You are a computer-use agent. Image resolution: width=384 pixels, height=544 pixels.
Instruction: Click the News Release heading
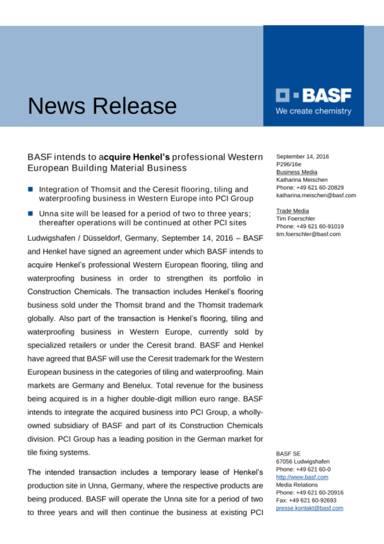(x=102, y=106)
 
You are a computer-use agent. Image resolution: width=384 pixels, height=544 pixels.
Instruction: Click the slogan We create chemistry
(x=313, y=111)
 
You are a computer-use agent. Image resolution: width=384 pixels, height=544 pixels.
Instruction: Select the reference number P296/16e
(x=289, y=164)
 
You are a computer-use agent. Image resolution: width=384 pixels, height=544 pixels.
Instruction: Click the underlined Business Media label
(x=297, y=172)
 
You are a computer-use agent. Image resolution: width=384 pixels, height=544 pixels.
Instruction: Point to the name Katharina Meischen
(x=302, y=180)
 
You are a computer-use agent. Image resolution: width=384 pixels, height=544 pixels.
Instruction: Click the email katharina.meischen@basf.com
(x=316, y=195)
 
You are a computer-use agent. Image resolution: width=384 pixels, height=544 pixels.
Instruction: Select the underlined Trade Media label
(x=292, y=211)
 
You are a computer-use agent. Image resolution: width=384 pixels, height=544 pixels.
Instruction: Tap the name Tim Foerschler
(x=295, y=218)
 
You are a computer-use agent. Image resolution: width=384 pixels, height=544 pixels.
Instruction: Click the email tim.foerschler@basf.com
(x=308, y=234)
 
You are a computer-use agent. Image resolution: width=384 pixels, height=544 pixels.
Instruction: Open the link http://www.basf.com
(x=302, y=477)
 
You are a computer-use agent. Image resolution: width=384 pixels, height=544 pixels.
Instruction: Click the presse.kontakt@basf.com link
(x=310, y=508)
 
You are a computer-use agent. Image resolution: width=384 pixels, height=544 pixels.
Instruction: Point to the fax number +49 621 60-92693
(x=312, y=500)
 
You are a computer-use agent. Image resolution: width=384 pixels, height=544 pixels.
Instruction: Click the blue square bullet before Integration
(x=30, y=189)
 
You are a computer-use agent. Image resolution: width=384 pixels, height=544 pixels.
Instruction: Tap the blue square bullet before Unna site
(x=30, y=214)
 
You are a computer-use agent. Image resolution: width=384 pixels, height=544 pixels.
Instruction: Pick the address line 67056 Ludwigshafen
(x=303, y=462)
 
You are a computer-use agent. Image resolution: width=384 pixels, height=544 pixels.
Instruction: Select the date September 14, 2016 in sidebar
(x=302, y=157)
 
